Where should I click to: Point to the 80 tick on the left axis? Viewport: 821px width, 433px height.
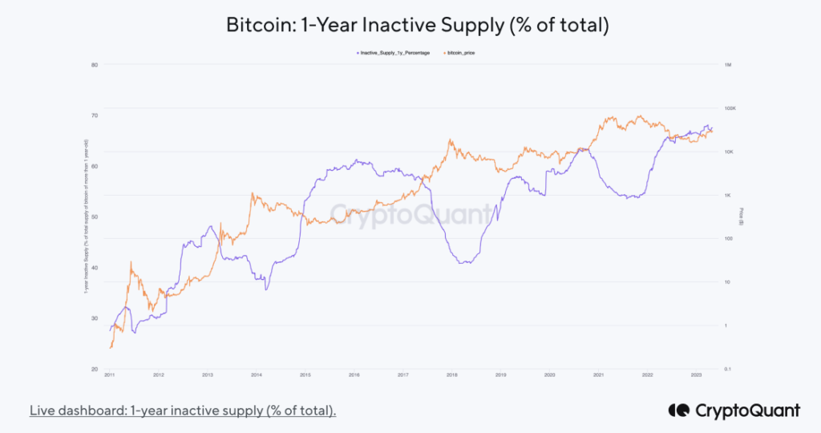95,64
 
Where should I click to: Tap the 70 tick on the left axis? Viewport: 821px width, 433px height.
95,115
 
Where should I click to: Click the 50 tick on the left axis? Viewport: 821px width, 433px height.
95,217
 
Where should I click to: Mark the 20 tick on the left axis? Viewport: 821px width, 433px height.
95,370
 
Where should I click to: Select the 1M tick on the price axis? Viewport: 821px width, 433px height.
728,64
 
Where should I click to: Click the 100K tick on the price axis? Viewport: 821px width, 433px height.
730,108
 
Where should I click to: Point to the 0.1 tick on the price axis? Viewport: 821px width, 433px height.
728,370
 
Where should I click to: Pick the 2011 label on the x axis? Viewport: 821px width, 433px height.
109,375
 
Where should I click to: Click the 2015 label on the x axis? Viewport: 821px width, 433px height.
305,375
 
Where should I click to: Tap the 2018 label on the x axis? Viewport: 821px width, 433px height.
451,375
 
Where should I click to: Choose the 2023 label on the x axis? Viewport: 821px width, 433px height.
696,375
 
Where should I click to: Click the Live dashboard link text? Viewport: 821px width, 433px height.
183,411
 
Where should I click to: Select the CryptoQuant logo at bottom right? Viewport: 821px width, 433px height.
734,411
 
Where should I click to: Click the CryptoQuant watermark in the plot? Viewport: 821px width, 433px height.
410,214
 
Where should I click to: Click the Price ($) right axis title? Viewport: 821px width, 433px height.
741,217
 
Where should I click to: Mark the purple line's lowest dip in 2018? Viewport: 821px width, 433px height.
467,263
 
